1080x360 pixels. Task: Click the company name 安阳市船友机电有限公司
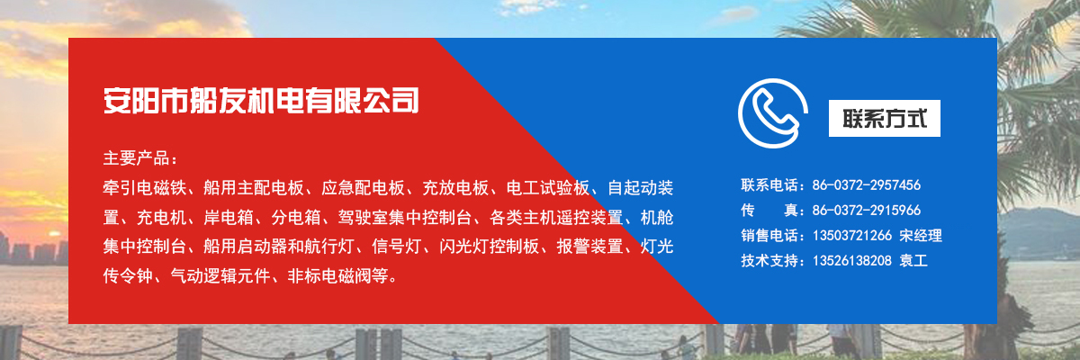(261, 101)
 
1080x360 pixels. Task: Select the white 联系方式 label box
(884, 118)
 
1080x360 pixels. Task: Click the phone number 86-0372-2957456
(867, 185)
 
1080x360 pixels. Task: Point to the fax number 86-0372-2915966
(867, 210)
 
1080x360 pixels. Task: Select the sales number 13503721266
(852, 235)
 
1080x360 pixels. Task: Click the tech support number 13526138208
(852, 261)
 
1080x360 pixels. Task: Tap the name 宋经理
(921, 235)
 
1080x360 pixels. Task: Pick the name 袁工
(913, 261)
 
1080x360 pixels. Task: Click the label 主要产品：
(140, 158)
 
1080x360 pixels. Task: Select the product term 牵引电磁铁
(145, 187)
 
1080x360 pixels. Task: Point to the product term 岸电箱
(229, 217)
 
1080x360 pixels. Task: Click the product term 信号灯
(397, 247)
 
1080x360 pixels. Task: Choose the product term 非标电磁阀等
(338, 276)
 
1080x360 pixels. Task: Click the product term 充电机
(161, 217)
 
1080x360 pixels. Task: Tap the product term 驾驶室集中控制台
(405, 217)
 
